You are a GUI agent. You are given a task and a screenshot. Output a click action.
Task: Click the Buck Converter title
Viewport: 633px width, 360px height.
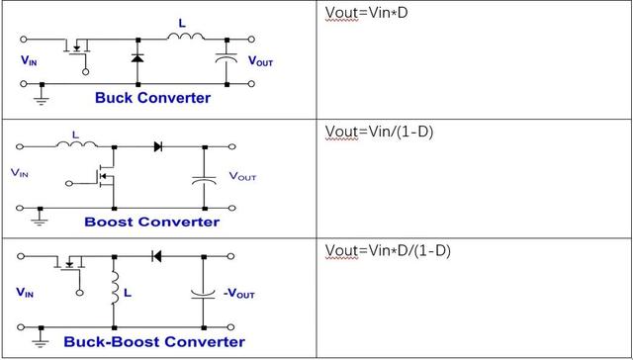(152, 98)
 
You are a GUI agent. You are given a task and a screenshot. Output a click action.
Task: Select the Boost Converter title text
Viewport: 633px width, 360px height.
(151, 222)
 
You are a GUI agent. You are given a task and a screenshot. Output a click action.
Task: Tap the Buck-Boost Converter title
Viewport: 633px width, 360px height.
(154, 341)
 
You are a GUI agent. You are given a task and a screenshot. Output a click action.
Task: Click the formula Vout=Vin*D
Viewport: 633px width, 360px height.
(367, 13)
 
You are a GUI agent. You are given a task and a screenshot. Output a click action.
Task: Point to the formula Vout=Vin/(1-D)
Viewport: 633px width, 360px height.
(379, 132)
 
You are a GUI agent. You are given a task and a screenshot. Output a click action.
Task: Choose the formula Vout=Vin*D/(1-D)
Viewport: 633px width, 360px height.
(388, 250)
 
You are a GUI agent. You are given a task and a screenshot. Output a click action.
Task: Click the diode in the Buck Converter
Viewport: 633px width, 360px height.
(137, 58)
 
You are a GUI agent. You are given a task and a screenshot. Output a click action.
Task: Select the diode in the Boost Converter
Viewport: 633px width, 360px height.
(158, 146)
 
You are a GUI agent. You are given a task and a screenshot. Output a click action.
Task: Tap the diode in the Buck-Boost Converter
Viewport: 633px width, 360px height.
(156, 256)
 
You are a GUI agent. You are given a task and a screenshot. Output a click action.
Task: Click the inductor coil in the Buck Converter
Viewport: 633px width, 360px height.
(186, 38)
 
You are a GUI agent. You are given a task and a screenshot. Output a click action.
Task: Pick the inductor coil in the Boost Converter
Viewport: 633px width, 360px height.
(77, 144)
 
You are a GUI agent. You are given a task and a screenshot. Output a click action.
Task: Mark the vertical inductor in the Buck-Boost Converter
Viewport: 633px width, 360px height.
(115, 288)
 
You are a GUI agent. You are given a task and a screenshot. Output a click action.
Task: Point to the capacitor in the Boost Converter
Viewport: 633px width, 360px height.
(205, 180)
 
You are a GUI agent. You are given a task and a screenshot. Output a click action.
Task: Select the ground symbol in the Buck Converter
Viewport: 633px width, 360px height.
(42, 99)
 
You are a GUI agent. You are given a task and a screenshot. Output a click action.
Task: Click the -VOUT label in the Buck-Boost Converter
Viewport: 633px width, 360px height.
(239, 294)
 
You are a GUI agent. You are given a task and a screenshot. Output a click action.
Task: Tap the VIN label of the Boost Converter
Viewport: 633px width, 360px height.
(20, 173)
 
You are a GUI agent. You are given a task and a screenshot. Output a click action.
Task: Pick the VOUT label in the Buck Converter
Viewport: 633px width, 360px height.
(260, 61)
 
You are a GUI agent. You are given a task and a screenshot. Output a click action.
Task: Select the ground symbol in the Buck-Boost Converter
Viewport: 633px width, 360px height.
(41, 342)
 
